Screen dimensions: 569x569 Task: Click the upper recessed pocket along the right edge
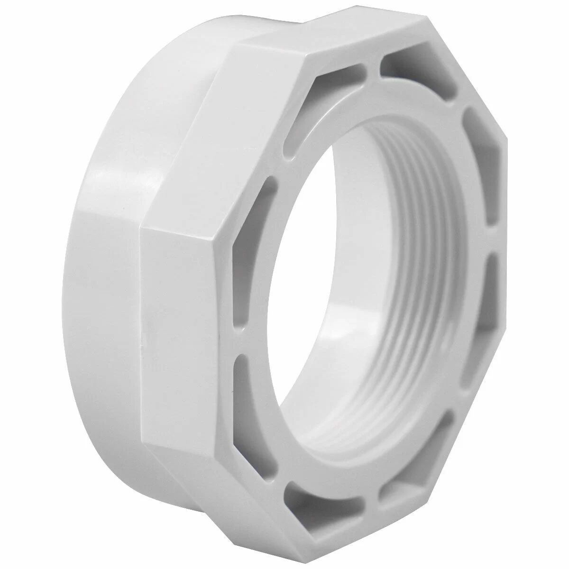pyautogui.click(x=479, y=142)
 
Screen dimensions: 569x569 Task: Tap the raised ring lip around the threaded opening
pyautogui.click(x=303, y=156)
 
